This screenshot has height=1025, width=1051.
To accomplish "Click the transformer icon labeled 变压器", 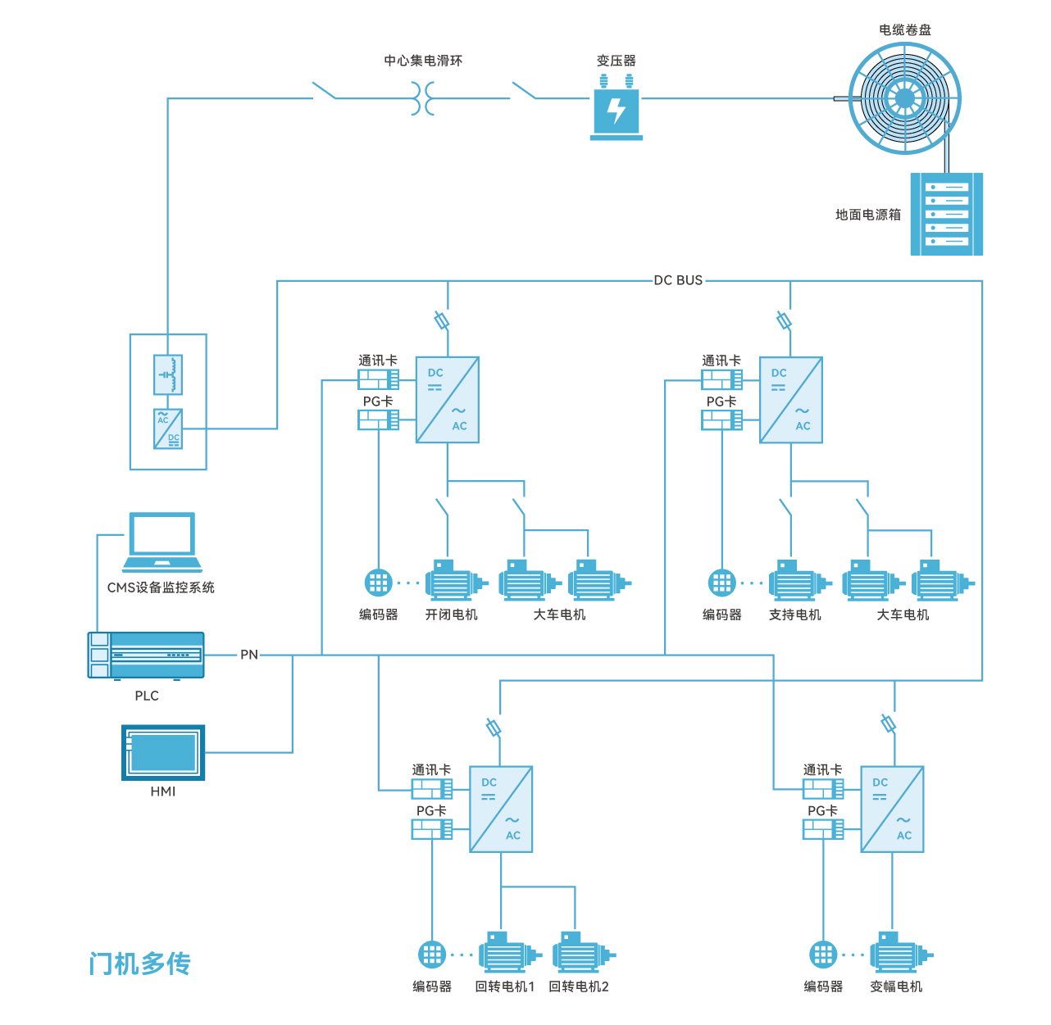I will pos(616,109).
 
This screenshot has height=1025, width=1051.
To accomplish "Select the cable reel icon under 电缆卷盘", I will pos(904,99).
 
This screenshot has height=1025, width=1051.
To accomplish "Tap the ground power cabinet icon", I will pos(947,214).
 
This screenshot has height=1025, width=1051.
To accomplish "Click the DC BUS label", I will pos(678,280).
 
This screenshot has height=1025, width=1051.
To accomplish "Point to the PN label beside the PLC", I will pos(249,655).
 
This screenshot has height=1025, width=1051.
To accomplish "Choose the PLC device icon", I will pos(146,655).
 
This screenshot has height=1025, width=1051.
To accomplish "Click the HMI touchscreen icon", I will pos(163,752).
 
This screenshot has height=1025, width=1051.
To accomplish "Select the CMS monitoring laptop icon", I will pos(162,542).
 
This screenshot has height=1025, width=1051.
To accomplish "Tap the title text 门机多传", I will pos(140,964).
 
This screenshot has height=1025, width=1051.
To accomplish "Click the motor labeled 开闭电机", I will pos(453,581).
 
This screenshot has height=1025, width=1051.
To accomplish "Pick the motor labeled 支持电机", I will pos(796,581).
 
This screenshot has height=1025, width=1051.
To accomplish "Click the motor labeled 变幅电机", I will pos(897,953).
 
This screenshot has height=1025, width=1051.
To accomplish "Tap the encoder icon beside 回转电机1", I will pos(432,955).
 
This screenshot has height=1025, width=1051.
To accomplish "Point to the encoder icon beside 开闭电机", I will pos(379,583).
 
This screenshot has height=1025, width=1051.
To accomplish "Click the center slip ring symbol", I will pos(422,99).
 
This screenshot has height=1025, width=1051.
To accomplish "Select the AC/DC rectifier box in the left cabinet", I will pos(168,429).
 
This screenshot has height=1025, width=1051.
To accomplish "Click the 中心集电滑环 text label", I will pos(423,61).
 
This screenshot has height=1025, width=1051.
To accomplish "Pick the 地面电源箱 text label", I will pos(867,215).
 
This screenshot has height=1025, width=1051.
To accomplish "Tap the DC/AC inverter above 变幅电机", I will pos(892,810).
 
